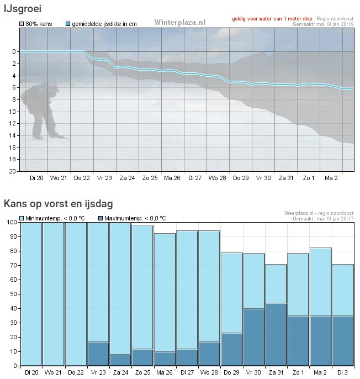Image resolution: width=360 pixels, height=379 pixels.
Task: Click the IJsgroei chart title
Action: [x=23, y=9]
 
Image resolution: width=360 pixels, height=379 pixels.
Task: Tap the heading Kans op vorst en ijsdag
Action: [x=58, y=204]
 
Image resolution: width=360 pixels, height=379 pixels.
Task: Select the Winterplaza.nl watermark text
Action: [x=180, y=22]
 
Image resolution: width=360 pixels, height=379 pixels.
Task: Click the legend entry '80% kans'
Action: [x=36, y=24]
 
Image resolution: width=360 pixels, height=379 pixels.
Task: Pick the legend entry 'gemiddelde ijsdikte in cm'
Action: [x=101, y=24]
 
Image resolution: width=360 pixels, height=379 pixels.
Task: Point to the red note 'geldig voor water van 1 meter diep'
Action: [x=272, y=19]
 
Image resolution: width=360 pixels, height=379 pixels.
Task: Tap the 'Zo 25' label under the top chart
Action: [x=150, y=178]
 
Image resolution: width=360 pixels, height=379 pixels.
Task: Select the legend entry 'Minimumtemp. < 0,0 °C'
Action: [x=52, y=218]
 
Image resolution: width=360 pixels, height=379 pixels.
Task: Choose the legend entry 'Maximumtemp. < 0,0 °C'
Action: [x=132, y=218]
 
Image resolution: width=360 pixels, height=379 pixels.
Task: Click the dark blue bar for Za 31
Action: [x=276, y=334]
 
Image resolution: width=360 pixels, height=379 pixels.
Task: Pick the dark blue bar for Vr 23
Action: [x=98, y=354]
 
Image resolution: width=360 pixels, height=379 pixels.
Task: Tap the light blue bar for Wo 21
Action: [x=54, y=294]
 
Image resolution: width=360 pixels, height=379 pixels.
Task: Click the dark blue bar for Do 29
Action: [x=232, y=349]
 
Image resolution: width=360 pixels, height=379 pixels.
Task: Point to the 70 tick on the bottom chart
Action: [x=14, y=265]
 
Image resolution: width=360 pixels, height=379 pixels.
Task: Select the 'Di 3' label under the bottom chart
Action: [x=342, y=372]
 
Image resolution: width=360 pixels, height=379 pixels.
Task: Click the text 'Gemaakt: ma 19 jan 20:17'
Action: [x=323, y=219]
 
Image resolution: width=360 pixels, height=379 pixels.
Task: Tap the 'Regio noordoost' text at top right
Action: [x=335, y=19]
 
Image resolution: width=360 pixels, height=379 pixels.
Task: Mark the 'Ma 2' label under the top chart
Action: [x=331, y=178]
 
